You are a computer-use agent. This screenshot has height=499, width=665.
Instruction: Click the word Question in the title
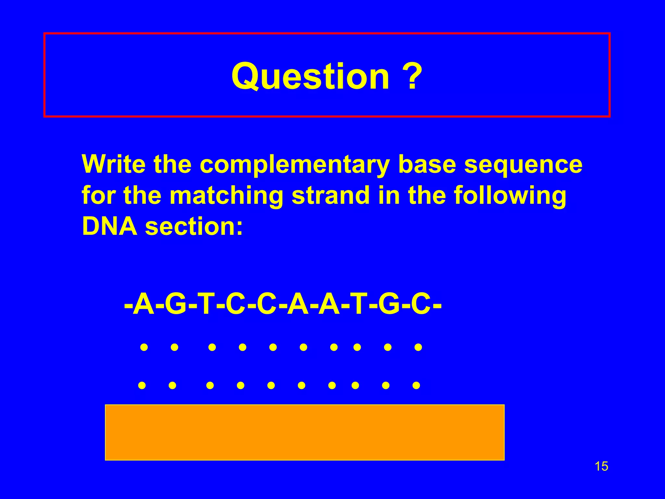coord(310,77)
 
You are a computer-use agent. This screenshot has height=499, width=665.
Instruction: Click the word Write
coord(114,164)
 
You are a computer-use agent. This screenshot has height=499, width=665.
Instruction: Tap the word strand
coord(331,196)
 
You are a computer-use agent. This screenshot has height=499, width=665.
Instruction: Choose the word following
coord(510,196)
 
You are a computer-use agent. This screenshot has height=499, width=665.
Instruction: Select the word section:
coord(194,226)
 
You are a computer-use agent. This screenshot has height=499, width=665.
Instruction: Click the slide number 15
coord(601,467)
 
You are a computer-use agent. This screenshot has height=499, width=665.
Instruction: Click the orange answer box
coord(305,432)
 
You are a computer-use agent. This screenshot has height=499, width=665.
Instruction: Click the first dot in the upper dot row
coord(144,347)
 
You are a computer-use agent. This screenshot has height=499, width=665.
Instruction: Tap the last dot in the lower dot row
coord(416,385)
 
